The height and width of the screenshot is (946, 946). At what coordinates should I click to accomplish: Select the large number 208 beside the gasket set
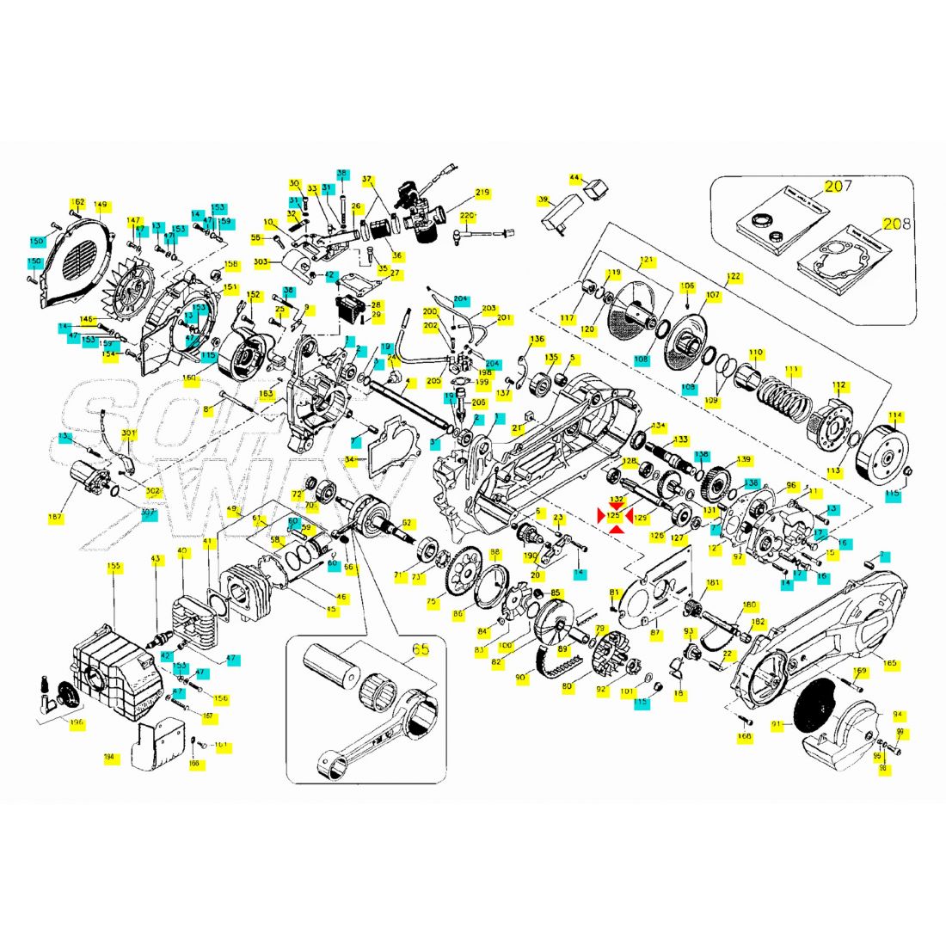coord(894,225)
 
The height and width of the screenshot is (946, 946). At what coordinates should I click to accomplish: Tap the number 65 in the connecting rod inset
coord(421,649)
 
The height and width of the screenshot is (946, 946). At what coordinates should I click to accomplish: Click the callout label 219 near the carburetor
coord(482,193)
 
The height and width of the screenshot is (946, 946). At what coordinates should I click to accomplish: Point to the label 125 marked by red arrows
coord(614,515)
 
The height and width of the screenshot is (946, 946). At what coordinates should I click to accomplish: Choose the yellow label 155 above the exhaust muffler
coord(114,567)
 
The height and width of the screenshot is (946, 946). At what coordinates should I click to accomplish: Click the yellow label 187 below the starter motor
coord(56,518)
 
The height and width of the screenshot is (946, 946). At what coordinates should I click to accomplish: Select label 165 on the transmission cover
coord(890,663)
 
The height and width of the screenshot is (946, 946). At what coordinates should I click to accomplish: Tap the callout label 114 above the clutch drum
coord(895,417)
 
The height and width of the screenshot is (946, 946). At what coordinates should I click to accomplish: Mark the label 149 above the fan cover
coord(101,206)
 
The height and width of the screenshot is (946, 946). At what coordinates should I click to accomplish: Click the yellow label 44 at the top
coord(575,178)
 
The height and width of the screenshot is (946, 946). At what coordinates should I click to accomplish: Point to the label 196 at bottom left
coord(77,723)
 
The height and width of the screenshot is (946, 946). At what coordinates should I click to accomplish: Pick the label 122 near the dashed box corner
coord(734,277)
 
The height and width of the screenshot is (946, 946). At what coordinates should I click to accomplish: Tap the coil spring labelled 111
coord(783,396)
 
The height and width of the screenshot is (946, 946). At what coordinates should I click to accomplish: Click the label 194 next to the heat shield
coord(108,757)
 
